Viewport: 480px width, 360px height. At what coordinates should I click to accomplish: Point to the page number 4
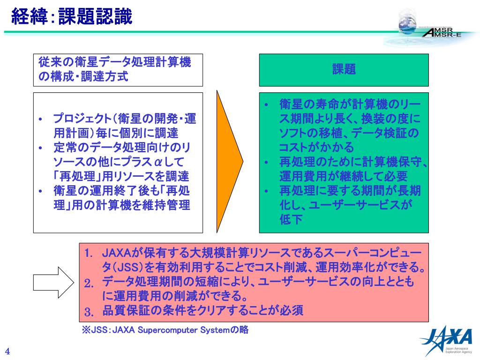pos(7,352)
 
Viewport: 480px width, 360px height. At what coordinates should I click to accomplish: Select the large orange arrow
pos(229,161)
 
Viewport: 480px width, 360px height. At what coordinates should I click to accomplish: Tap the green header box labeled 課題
pos(344,70)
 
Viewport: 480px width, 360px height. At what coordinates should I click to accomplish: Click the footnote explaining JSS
pos(165,330)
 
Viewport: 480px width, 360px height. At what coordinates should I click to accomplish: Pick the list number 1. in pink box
pos(89,254)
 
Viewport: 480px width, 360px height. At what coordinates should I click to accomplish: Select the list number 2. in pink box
pos(90,283)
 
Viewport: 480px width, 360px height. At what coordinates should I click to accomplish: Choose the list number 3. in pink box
pos(90,311)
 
